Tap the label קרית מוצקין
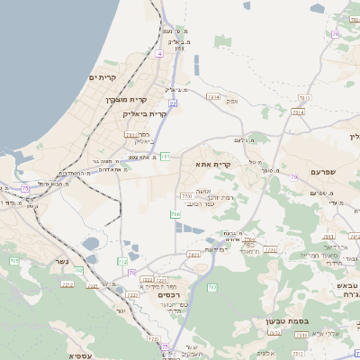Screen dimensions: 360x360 (x=124, y=100)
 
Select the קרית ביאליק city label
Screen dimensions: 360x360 (x=145, y=114)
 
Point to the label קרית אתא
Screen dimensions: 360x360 (x=213, y=165)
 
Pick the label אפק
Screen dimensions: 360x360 (x=232, y=101)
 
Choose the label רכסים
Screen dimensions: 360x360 (x=168, y=295)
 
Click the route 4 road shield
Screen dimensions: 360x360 (x=159, y=55)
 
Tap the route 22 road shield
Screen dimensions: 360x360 (x=170, y=103)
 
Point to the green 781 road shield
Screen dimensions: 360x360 (x=166, y=157)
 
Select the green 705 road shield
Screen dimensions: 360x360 (x=13, y=261)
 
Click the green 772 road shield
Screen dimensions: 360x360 (x=122, y=261)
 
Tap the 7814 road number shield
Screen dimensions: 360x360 (x=213, y=95)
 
